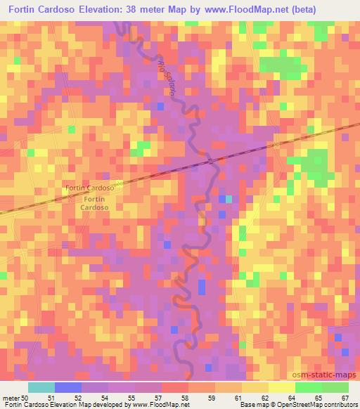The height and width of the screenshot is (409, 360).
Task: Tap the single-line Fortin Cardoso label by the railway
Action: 89,188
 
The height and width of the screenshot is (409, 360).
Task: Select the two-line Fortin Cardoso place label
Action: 94,204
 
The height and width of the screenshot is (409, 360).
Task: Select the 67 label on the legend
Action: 345,397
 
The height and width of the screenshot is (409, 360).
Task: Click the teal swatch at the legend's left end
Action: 41,387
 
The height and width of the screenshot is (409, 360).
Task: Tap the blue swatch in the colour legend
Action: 67,387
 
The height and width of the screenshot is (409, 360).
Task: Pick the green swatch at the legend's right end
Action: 335,387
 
